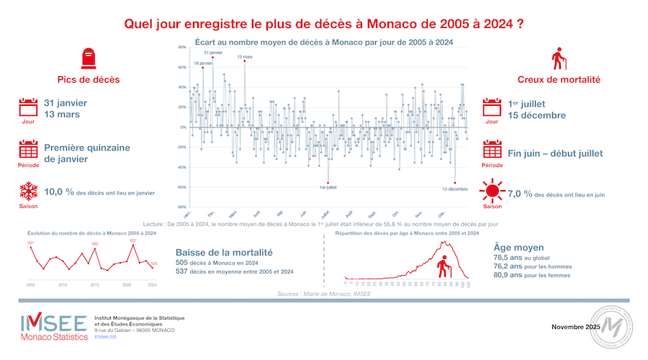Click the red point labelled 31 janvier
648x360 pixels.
(212, 57)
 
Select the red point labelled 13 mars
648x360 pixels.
(245, 61)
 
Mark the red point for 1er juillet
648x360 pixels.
(328, 182)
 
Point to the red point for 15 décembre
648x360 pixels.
(455, 183)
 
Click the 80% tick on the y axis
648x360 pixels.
(183, 48)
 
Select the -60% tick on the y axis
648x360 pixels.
(182, 187)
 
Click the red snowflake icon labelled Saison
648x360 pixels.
(28, 192)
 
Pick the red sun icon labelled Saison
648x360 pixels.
(492, 192)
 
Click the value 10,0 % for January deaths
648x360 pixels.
(58, 192)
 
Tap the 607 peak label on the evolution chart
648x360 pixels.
(133, 240)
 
